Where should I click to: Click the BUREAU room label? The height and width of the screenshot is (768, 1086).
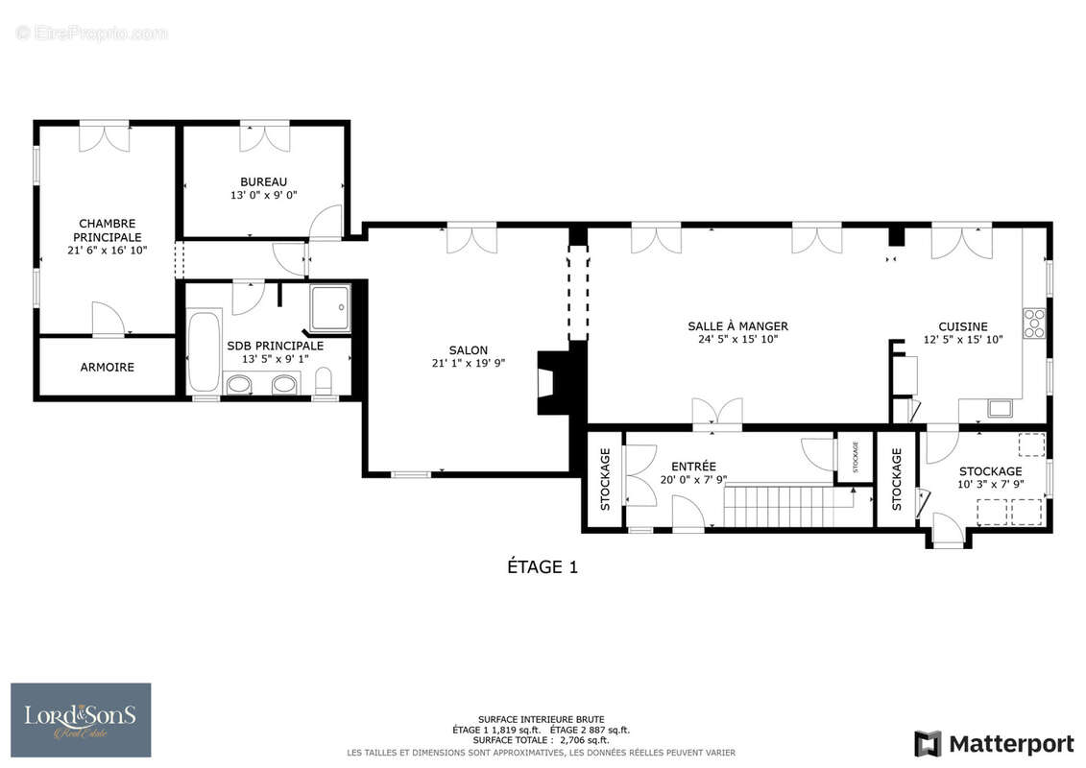click(x=263, y=182)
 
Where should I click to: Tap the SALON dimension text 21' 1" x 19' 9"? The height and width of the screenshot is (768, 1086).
click(x=469, y=363)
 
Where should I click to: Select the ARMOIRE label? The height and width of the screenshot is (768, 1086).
click(x=108, y=367)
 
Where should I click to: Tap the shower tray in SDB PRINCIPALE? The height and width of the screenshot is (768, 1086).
click(x=330, y=307)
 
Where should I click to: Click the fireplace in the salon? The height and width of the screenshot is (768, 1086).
click(x=553, y=382)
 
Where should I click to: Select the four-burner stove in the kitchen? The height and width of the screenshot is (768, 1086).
click(x=1034, y=324)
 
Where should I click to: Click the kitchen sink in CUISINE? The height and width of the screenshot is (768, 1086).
click(x=1000, y=409)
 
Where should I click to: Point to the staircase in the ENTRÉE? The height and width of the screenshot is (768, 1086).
click(x=789, y=506)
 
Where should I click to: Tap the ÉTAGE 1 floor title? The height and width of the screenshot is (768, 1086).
click(x=543, y=567)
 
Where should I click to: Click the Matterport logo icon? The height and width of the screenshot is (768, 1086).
click(x=929, y=744)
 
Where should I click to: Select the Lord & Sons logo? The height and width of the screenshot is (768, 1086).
click(x=81, y=720)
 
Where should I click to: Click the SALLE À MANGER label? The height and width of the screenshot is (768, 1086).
click(x=737, y=326)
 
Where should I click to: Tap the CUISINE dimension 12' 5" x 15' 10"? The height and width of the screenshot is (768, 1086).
click(x=963, y=339)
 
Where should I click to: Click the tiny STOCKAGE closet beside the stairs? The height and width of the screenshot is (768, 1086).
click(x=855, y=457)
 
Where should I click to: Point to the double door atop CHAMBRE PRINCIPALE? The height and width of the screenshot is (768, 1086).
click(x=104, y=136)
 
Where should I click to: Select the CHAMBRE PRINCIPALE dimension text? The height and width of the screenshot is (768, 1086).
click(x=108, y=250)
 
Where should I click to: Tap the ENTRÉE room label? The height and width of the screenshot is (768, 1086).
click(x=693, y=466)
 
